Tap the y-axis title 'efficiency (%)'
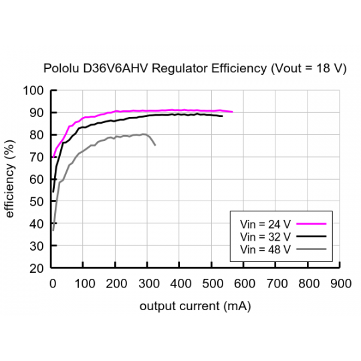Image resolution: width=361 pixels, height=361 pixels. pos(10,179)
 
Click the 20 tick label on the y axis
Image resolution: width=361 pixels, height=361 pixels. pos(37,268)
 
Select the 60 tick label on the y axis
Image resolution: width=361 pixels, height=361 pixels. pos(37,180)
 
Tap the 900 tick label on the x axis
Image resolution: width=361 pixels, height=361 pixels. pos(341,283)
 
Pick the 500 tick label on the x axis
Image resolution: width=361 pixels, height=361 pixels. pos(213,283)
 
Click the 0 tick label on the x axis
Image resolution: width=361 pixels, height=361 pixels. pos(53,283)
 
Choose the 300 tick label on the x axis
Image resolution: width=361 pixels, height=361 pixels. pos(148,283)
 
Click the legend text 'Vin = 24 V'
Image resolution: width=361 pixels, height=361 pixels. pos(264,225)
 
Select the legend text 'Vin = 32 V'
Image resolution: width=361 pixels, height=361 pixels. pos(264,237)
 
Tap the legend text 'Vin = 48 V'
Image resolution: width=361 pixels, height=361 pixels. pos(264,249)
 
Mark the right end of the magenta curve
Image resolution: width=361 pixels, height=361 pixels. pos(232,112)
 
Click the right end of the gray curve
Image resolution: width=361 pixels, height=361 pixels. pos(155,145)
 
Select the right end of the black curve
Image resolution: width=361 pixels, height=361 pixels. pos(222,116)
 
